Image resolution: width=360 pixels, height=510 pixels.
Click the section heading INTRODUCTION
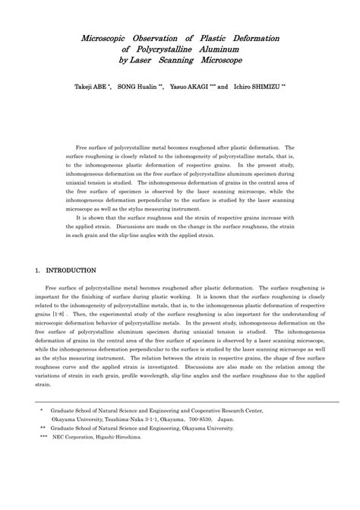pyautogui.click(x=71, y=270)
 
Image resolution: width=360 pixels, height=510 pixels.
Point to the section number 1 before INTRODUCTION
pyautogui.click(x=38, y=270)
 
